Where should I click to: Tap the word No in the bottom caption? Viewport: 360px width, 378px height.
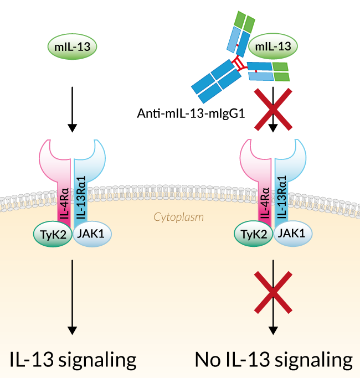coord(209,360)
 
